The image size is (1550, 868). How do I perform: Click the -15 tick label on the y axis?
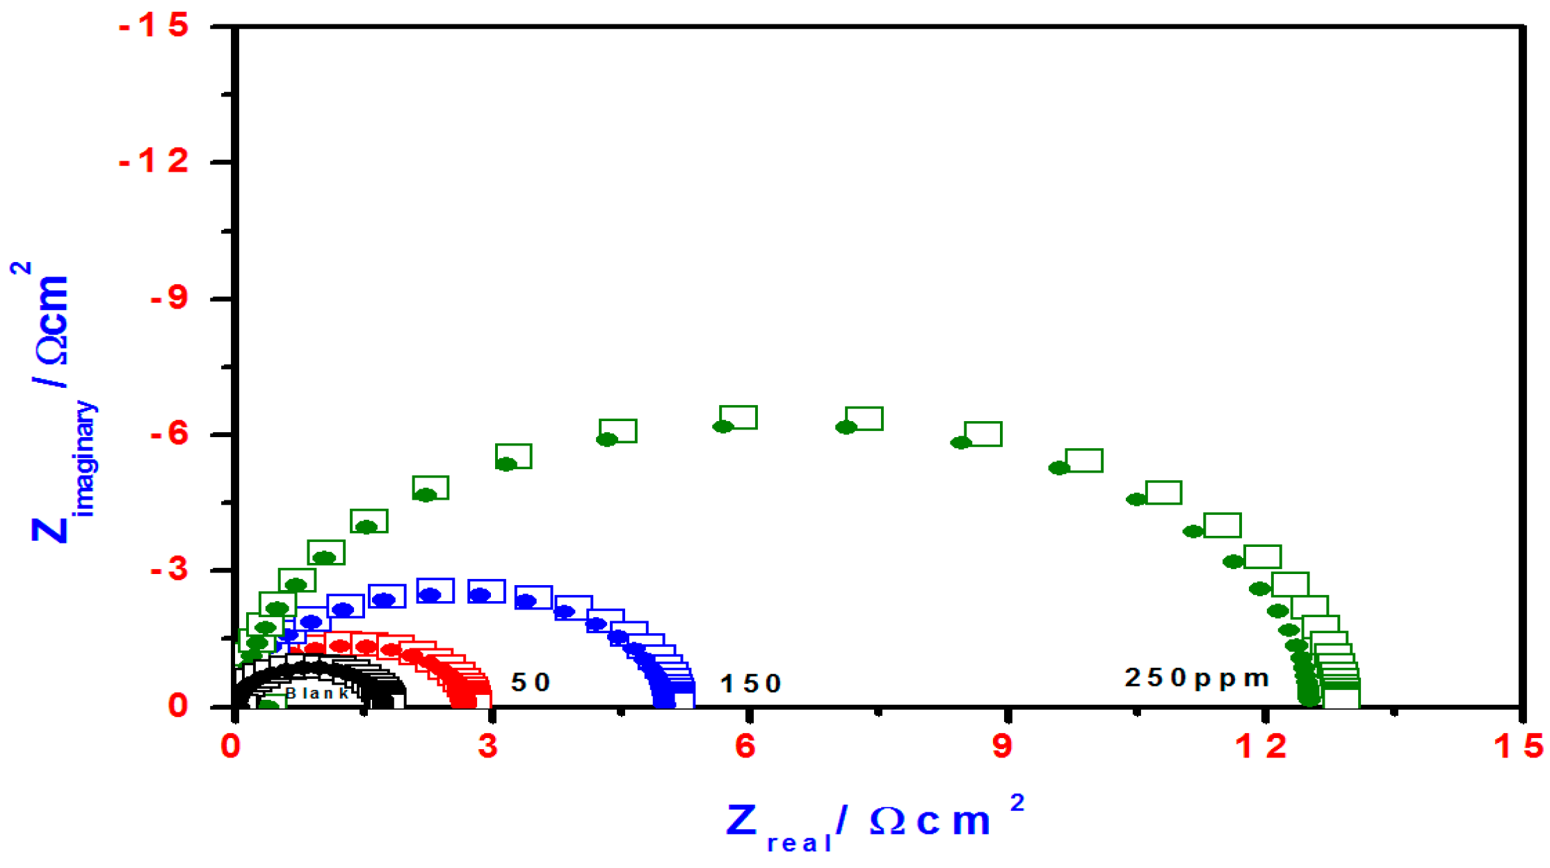click(x=154, y=26)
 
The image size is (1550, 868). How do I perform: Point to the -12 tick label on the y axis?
click(x=154, y=162)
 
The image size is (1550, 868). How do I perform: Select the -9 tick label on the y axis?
click(x=169, y=298)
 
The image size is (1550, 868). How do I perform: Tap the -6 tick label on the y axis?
click(x=169, y=434)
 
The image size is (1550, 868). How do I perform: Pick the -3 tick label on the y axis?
click(x=169, y=570)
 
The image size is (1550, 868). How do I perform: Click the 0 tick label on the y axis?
click(x=178, y=706)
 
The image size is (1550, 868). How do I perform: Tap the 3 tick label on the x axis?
click(x=488, y=746)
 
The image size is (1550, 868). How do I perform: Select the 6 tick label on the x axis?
click(x=745, y=746)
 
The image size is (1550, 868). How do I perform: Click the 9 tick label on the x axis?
click(x=1002, y=746)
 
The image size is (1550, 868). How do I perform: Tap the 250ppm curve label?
click(x=1197, y=678)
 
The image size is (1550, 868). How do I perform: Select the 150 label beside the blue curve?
click(x=750, y=684)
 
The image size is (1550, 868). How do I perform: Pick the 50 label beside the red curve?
click(x=531, y=682)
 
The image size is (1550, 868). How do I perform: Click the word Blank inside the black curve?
click(x=318, y=693)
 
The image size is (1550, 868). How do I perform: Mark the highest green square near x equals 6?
click(x=738, y=417)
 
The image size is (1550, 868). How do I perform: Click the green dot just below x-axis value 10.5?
click(x=1136, y=499)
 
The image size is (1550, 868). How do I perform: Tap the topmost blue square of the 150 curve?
click(x=435, y=590)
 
